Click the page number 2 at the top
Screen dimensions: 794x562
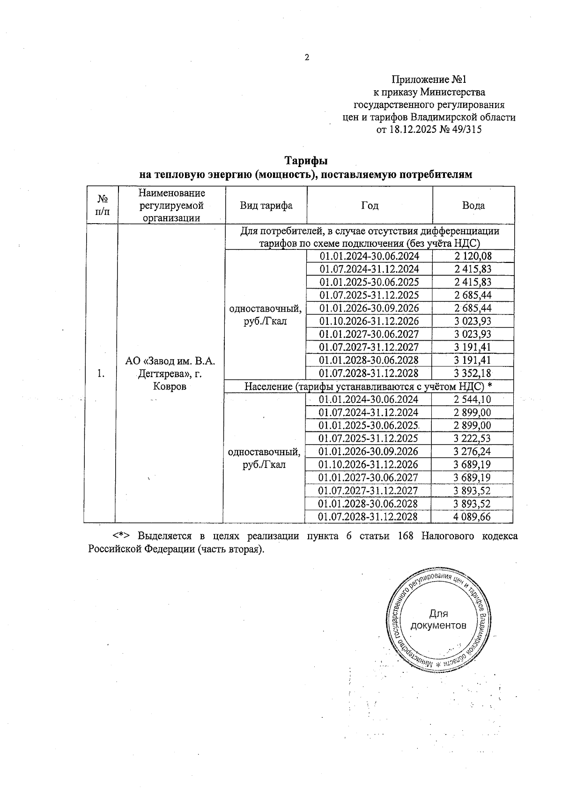tap(307, 58)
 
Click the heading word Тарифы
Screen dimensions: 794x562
tap(306, 160)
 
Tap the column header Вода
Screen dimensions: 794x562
tap(473, 205)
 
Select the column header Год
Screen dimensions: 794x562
tap(370, 205)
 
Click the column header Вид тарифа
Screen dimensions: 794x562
tap(266, 205)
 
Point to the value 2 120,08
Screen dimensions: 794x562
tap(473, 256)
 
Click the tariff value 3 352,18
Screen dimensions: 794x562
tap(473, 373)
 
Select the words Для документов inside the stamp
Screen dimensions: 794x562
tap(438, 619)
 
